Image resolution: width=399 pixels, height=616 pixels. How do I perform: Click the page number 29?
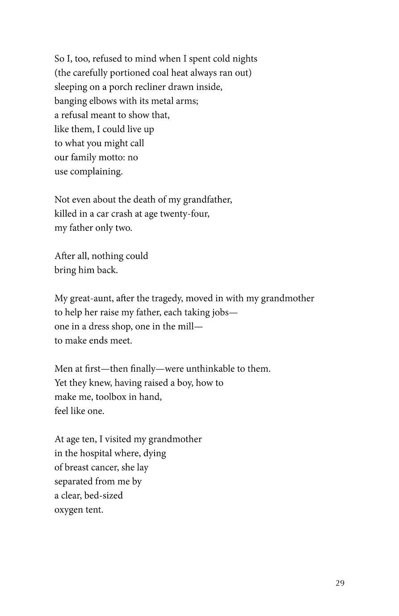point(340,583)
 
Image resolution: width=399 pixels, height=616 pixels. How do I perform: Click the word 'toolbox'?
point(111,397)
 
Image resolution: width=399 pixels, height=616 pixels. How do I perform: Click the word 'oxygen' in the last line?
point(68,510)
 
